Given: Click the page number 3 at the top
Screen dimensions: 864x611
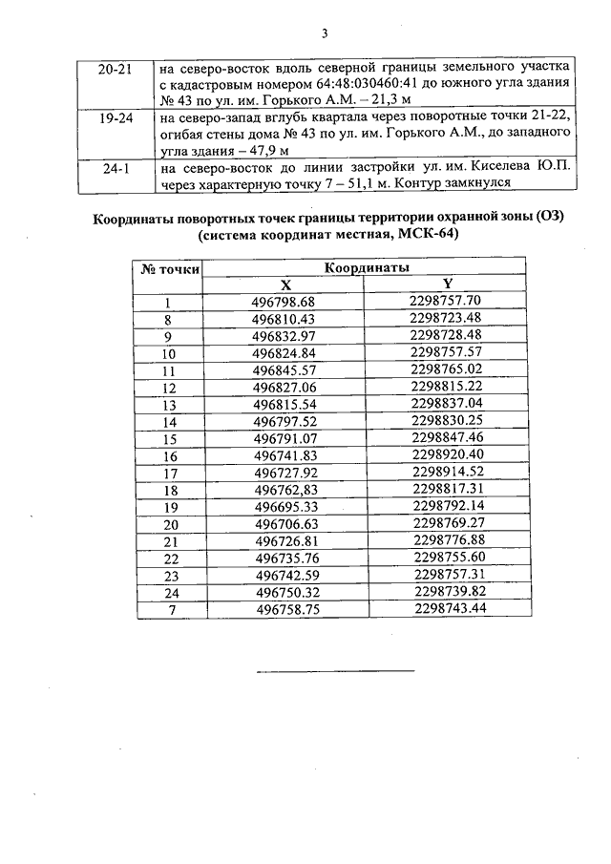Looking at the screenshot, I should (x=324, y=34).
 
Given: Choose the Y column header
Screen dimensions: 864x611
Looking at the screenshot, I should (x=448, y=284).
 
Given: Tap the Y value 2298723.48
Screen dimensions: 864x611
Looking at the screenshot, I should (x=447, y=318).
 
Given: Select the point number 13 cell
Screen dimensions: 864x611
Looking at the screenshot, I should (x=171, y=403).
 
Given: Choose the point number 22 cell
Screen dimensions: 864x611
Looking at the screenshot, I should (x=172, y=558).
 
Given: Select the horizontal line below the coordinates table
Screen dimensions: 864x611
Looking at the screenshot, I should (x=335, y=671).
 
